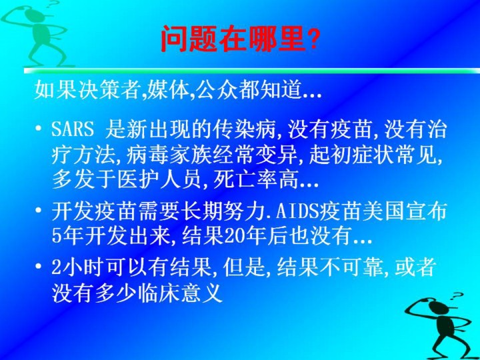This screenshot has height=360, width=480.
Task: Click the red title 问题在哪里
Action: [233, 39]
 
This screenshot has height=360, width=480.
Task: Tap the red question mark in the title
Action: [313, 39]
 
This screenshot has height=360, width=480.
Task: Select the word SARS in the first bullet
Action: [73, 129]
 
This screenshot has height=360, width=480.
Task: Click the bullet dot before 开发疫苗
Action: [38, 210]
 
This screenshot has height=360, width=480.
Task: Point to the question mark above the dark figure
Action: [457, 296]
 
